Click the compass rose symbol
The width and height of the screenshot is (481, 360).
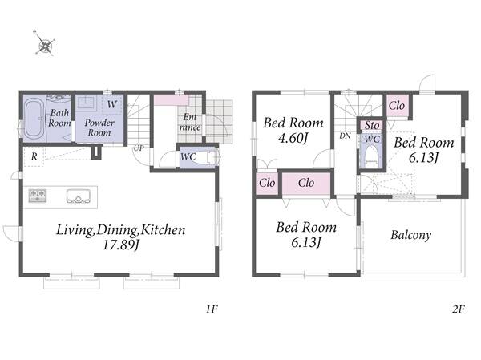point(45,44)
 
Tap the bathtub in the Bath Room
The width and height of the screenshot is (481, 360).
point(34,119)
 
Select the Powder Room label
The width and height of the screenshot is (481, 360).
point(99,127)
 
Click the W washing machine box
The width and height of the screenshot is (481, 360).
point(111,104)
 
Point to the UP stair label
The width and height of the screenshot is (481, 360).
point(139,148)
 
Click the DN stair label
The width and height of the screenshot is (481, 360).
point(345,136)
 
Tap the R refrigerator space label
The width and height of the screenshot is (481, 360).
point(34,157)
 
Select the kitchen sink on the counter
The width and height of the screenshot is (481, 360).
point(79,196)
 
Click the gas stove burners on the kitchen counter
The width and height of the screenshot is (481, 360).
point(38,196)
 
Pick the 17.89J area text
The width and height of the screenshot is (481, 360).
point(122,245)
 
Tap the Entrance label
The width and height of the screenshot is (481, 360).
point(190,122)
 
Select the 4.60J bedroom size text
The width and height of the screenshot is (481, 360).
point(293,138)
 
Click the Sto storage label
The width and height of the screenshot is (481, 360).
point(372,125)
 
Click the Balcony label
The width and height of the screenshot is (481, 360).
point(410,236)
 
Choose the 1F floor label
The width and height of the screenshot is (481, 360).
point(212,309)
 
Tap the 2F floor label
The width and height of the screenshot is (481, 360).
point(459,309)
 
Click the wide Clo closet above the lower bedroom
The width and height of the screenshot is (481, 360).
point(306,184)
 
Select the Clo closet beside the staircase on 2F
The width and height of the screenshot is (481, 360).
point(398,106)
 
